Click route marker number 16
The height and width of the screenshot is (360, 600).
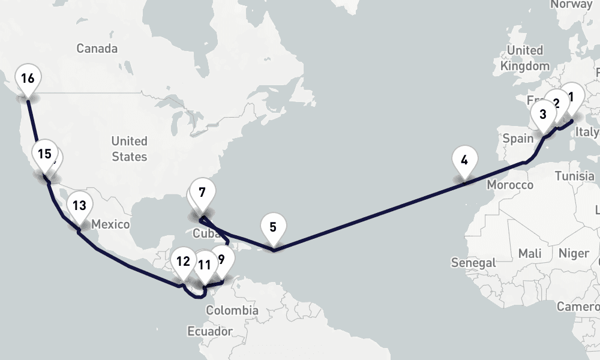coord(28,79)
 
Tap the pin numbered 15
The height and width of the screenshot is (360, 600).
coord(44,154)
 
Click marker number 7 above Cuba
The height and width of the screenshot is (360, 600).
coord(202,193)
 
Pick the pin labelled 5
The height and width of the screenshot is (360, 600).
coord(273,227)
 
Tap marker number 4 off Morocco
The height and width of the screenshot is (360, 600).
coord(464,160)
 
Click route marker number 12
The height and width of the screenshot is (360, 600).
coord(183,262)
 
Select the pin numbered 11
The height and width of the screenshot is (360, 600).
coord(205,265)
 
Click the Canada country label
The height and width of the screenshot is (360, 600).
coord(97,49)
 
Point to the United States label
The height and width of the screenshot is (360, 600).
coord(129,149)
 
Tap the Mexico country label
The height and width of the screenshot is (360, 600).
coord(111,224)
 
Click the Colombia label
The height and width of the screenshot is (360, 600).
coord(232,311)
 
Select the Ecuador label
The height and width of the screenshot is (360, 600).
coord(209,331)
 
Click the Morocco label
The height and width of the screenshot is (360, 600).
coord(510,184)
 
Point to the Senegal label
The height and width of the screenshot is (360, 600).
coord(474,262)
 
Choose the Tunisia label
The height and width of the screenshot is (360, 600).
coord(574,176)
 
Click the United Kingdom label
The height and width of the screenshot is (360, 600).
coord(525,58)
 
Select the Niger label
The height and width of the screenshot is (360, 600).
coord(574,253)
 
